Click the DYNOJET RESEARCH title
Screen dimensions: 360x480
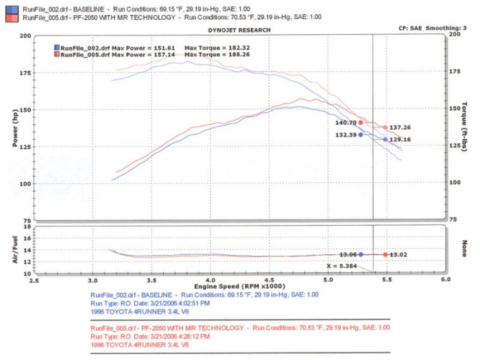(x=239, y=30)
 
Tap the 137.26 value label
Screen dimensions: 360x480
(x=400, y=128)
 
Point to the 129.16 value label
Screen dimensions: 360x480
(x=400, y=139)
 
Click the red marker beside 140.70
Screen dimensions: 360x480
(x=361, y=123)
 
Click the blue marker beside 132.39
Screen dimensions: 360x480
(x=361, y=134)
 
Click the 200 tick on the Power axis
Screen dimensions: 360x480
(x=25, y=36)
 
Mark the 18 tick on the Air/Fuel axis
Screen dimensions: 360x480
(x=27, y=227)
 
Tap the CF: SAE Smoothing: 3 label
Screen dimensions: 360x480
(x=431, y=29)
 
